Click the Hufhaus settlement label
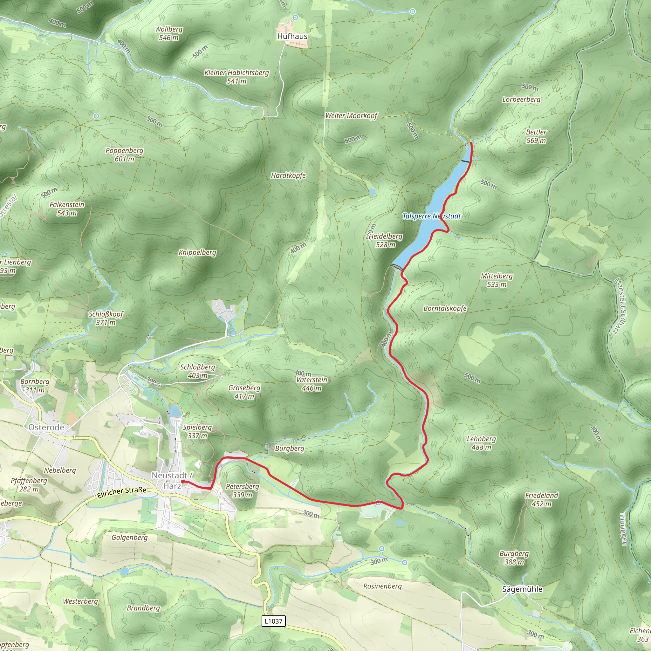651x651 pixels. [292, 36]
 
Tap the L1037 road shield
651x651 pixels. [273, 621]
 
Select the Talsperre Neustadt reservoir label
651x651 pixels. [431, 216]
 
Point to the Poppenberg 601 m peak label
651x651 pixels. [124, 155]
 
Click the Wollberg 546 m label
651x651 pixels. [168, 33]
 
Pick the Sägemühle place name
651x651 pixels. [522, 589]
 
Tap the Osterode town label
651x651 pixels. [46, 427]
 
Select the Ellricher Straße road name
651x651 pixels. [122, 492]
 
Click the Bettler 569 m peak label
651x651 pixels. [536, 136]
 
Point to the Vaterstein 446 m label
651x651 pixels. [311, 384]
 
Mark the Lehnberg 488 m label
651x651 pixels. [481, 443]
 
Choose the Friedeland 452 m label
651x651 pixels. [541, 499]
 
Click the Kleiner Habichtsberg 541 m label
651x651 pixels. [236, 77]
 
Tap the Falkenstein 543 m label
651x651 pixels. [67, 209]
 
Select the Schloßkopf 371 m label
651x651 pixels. [106, 318]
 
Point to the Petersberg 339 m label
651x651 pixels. [242, 490]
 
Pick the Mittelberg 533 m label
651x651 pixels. [497, 280]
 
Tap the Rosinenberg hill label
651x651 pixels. [382, 586]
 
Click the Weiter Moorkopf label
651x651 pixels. [351, 116]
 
